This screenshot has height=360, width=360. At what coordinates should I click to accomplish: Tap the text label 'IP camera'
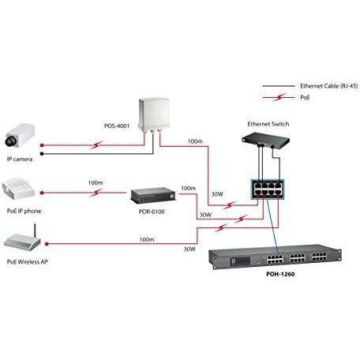[19, 159]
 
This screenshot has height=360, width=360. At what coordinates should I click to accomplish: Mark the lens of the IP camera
[9, 141]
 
